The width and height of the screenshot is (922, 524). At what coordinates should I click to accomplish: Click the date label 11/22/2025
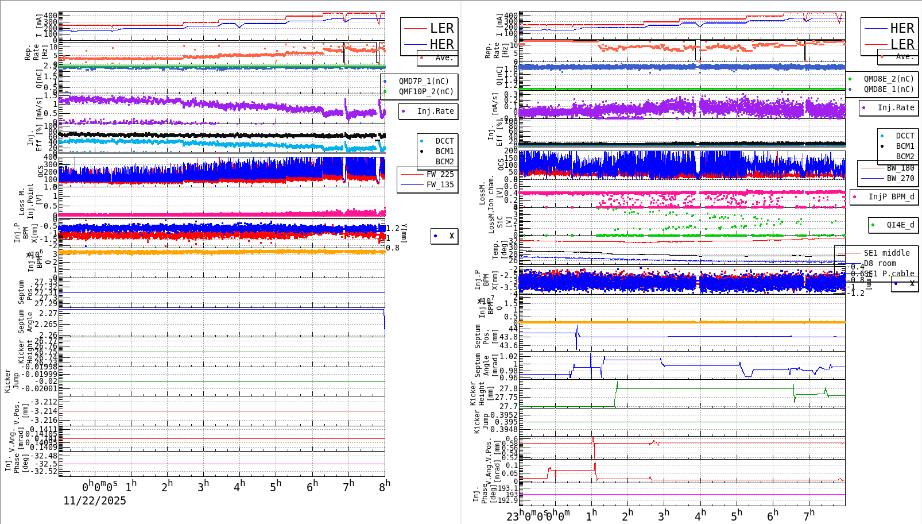95,500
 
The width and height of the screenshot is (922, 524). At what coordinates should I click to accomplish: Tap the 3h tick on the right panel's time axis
664,515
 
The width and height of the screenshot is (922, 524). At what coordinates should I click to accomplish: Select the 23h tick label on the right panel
513,515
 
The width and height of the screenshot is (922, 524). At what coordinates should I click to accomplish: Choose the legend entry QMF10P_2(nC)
426,91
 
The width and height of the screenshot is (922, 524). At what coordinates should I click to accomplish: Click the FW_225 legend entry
440,174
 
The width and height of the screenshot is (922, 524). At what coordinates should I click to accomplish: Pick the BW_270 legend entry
900,178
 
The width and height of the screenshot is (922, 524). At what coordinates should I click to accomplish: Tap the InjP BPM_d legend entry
891,196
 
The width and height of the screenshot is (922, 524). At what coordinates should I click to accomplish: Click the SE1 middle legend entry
886,253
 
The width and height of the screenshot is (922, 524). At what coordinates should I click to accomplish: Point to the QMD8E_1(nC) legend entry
889,89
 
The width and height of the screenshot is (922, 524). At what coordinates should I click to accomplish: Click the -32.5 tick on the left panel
46,464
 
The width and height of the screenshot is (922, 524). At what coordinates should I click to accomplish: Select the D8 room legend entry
880,263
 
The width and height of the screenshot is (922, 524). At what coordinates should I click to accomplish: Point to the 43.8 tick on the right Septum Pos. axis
508,337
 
